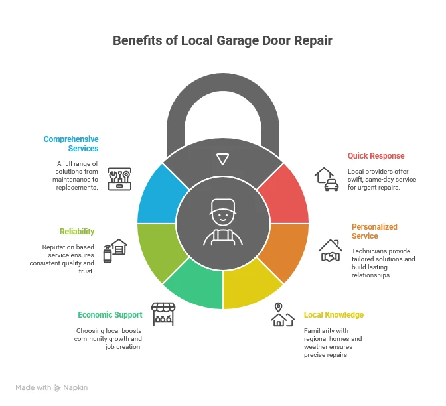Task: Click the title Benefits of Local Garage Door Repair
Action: [222, 40]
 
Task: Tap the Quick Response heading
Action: [376, 156]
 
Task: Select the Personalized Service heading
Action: [374, 231]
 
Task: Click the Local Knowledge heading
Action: [334, 315]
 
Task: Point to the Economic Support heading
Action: [110, 315]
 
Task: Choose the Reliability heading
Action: [76, 232]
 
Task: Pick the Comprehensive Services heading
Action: [71, 144]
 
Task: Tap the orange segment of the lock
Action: [287, 249]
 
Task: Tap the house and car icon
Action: [326, 179]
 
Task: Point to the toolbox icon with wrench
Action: [119, 179]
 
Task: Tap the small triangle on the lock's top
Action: [223, 159]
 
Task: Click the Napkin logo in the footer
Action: [70, 387]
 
